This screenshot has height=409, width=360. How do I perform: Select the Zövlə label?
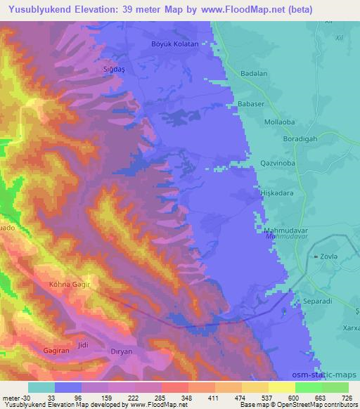(x=333, y=258)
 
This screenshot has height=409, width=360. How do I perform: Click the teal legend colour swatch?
(x=41, y=387)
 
